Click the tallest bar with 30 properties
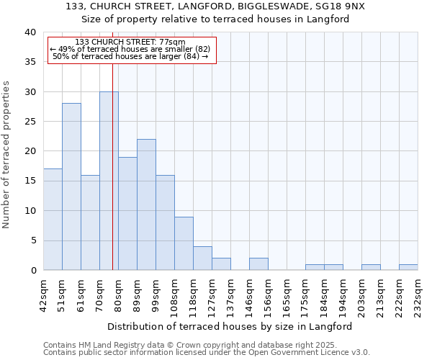point(109,181)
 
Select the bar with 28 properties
point(71,186)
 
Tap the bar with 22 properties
point(146,204)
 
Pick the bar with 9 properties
point(184,243)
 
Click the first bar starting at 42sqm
point(53,220)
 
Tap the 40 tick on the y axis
point(30,32)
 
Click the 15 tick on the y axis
point(30,181)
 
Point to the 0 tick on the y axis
point(32,271)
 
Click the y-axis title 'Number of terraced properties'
point(7,155)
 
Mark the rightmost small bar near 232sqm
point(408,267)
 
